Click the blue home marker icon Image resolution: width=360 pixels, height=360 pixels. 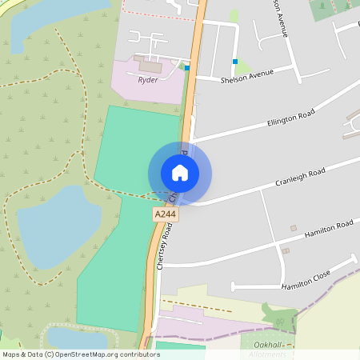(x=180, y=173)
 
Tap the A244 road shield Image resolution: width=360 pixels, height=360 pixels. (x=165, y=214)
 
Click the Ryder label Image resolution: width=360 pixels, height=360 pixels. (x=148, y=80)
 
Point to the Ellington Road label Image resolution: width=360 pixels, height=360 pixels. (x=292, y=122)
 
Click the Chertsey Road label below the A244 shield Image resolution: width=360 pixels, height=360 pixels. (x=166, y=246)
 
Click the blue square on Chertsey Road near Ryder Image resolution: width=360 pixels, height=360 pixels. (x=187, y=68)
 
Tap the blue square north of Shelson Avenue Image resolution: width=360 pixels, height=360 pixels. (x=235, y=61)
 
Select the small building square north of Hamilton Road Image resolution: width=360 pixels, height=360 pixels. (x=293, y=229)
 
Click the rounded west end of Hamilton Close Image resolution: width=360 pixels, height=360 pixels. (x=234, y=286)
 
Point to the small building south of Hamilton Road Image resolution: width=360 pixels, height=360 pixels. (x=286, y=250)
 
